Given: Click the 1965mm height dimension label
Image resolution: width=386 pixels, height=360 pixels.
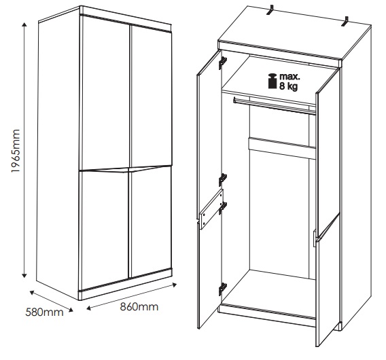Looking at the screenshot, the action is [x=15, y=151].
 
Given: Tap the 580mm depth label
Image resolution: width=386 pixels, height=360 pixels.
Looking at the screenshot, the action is [x=44, y=312].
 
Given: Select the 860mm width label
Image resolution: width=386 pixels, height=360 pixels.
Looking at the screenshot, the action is [x=139, y=307].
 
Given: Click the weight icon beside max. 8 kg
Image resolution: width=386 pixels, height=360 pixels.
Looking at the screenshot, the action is [x=273, y=81].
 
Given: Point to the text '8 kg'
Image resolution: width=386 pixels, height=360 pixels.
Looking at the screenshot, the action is [x=289, y=86].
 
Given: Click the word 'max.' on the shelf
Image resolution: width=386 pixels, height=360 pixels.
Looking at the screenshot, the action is [x=289, y=76].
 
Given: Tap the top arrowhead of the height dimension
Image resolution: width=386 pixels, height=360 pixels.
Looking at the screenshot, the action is [x=24, y=24].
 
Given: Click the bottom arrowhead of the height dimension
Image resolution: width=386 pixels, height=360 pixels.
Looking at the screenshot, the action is [x=24, y=275].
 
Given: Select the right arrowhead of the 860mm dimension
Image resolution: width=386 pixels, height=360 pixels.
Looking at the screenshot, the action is [x=174, y=285].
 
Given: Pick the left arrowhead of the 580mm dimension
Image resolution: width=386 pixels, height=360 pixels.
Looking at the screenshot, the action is [x=32, y=292].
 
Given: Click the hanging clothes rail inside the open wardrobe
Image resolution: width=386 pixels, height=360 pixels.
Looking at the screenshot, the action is [x=275, y=105].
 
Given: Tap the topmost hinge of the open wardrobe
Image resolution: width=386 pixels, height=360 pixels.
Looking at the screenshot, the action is [x=222, y=62].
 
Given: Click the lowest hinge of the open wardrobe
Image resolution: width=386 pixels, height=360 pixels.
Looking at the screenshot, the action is [x=223, y=289].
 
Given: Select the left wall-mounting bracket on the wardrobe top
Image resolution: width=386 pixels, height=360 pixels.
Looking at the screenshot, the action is [x=271, y=11].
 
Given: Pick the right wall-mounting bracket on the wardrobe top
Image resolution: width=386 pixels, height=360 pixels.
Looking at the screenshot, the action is [x=345, y=22].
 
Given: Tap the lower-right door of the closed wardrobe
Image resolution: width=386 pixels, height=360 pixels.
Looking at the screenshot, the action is [x=150, y=221].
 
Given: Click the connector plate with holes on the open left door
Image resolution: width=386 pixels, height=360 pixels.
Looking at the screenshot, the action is [x=212, y=209].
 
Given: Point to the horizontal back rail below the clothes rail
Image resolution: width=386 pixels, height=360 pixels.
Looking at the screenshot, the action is [x=282, y=148].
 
